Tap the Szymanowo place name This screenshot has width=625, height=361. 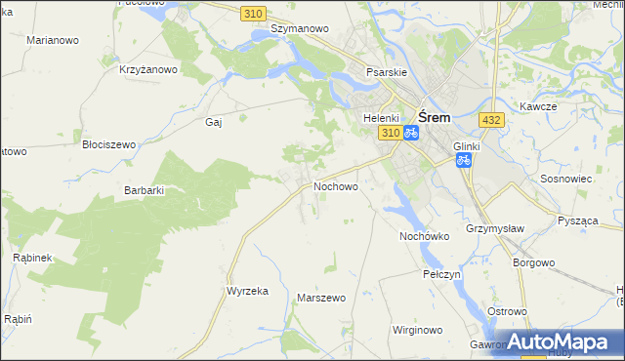[x=299, y=29]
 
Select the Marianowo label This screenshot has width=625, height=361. [x=53, y=40]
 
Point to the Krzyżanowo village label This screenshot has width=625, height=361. [x=147, y=69]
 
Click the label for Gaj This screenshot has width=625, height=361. [x=214, y=122]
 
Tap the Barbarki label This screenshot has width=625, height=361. [x=144, y=190]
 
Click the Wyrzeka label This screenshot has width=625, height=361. [x=247, y=291]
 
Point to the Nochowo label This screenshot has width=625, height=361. [x=335, y=185]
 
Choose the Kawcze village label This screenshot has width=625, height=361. [x=538, y=105]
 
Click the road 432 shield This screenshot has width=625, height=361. [x=491, y=119]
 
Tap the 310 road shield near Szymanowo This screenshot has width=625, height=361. [x=254, y=12]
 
